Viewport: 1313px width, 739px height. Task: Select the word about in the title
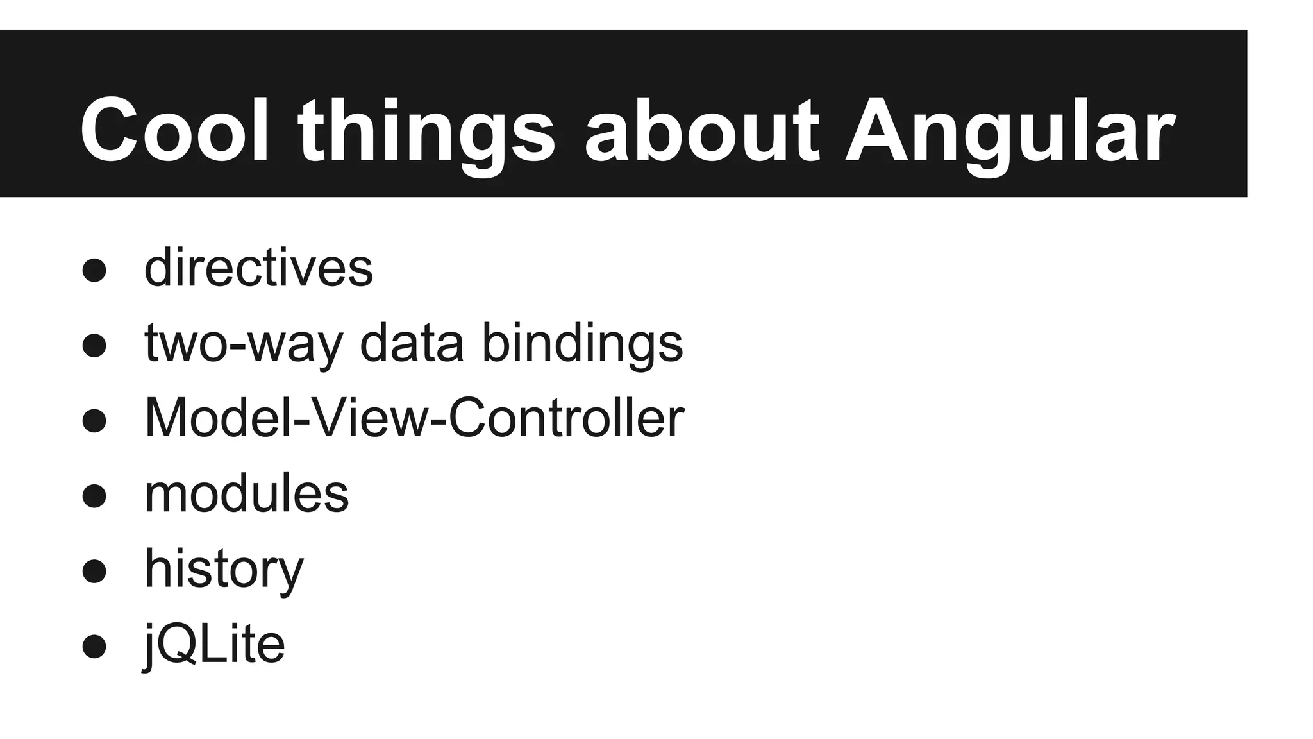point(702,132)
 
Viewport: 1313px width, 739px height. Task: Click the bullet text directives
point(258,268)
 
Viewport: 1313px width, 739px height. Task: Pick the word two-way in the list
point(244,343)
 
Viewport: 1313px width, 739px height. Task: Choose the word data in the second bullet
point(412,343)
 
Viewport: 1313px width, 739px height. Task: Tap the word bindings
point(582,343)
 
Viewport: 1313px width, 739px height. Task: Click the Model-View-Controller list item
point(414,418)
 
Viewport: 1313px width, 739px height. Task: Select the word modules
point(247,494)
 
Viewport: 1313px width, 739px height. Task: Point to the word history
point(224,569)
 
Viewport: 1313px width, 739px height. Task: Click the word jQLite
point(214,644)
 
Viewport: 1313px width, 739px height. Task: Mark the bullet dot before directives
point(94,270)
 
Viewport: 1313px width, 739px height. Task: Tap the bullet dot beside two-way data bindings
point(94,345)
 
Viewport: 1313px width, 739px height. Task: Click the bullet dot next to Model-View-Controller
point(94,421)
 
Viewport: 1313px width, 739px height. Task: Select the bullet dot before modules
point(94,496)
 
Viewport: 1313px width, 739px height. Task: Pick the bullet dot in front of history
point(94,571)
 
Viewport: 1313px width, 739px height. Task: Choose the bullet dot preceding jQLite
point(94,647)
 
